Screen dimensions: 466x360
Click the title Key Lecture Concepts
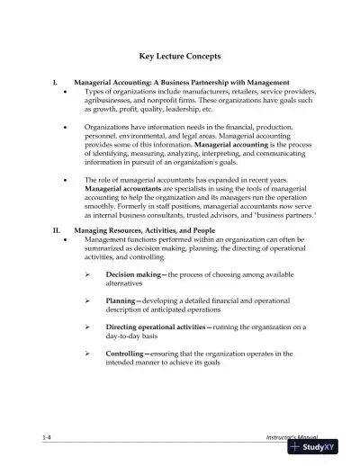tap(179, 54)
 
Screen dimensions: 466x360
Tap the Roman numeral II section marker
tap(57, 232)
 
